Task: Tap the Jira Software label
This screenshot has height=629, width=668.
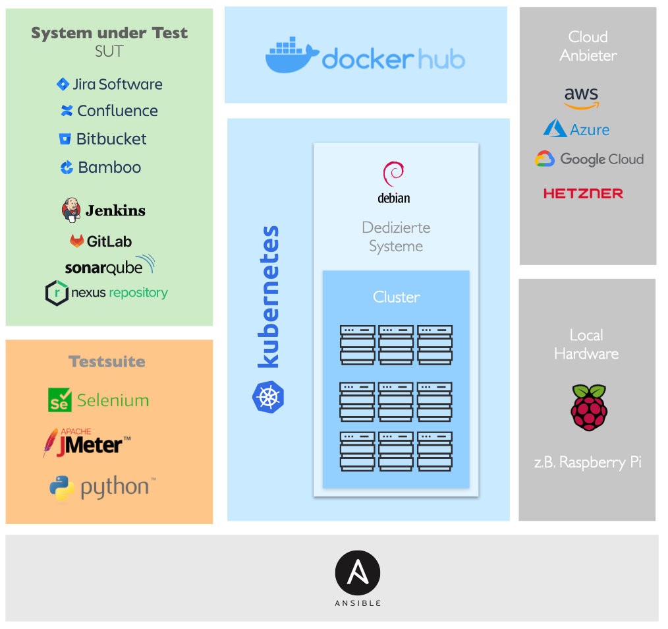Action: point(117,84)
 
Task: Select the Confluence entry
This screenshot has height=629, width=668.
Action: point(117,111)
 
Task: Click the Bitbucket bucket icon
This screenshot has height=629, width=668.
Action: point(65,139)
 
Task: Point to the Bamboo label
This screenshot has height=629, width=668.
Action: point(109,167)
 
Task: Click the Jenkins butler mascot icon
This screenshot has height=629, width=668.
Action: point(71,210)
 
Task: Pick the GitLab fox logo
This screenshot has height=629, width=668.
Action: point(77,241)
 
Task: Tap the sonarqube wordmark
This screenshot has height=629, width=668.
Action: point(104,268)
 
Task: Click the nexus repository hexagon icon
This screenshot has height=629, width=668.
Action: point(57,293)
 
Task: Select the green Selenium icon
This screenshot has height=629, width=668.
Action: point(59,400)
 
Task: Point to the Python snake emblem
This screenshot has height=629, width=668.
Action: point(62,488)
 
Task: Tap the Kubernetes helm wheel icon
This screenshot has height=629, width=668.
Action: point(268,398)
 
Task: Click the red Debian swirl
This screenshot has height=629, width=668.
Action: point(393,175)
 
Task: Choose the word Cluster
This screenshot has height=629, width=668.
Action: point(396,297)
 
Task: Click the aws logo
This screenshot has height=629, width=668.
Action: point(582,98)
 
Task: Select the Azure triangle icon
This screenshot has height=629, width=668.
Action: point(555,129)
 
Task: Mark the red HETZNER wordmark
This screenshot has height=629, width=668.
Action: point(583,193)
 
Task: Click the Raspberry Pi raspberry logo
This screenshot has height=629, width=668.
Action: point(588,407)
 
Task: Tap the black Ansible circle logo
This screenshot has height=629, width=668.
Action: point(358,572)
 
